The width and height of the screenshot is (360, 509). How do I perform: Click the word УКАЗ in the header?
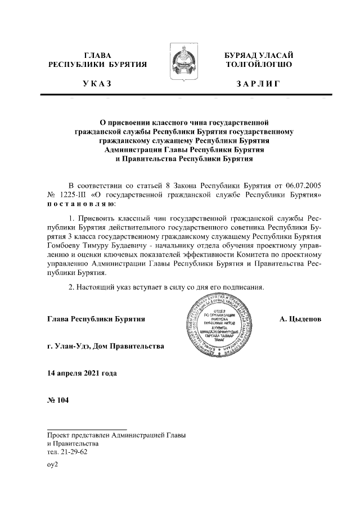click(x=96, y=84)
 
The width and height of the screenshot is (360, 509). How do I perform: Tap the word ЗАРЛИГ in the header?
click(x=258, y=84)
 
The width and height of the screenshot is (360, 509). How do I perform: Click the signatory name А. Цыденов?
click(x=300, y=319)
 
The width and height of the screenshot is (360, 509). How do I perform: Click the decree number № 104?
click(x=58, y=401)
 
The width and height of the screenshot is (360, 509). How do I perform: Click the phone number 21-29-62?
click(x=74, y=452)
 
